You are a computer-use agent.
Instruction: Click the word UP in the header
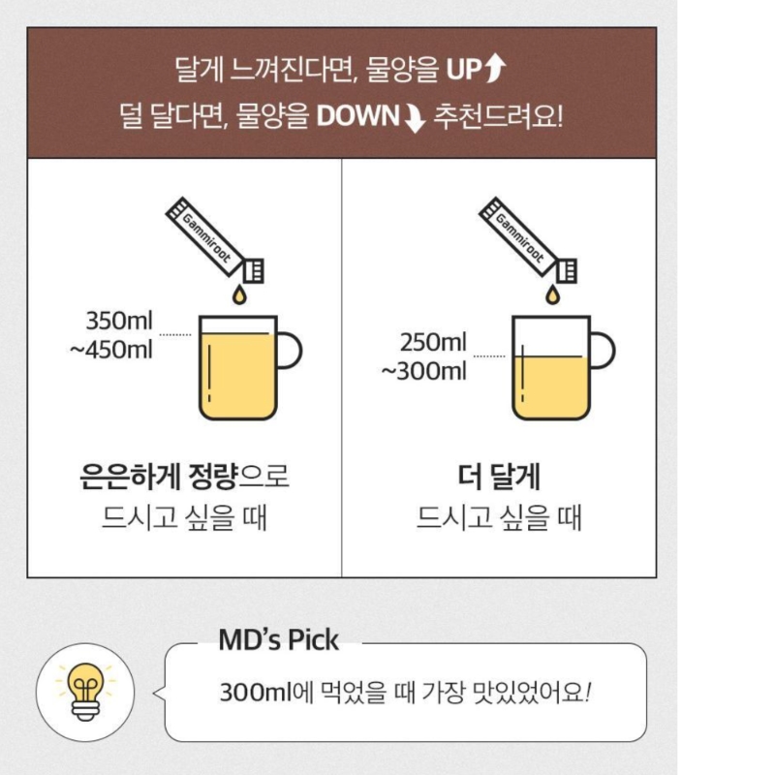click(x=464, y=70)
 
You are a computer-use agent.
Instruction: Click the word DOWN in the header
click(x=357, y=116)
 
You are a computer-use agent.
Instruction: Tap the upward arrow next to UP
click(x=495, y=68)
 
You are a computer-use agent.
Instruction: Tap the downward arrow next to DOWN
click(x=415, y=117)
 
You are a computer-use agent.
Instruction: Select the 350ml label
click(x=119, y=321)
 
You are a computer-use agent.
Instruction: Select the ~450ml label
click(x=111, y=350)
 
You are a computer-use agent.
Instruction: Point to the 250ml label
click(x=433, y=342)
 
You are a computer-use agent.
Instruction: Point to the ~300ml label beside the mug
click(x=424, y=371)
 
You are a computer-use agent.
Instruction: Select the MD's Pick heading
click(x=278, y=640)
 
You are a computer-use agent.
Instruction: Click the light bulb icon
click(x=85, y=692)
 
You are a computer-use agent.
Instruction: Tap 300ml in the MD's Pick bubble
click(x=256, y=693)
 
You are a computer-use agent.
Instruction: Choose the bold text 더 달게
click(x=499, y=476)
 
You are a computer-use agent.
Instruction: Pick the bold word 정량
click(x=213, y=476)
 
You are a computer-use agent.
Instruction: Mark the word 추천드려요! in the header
click(x=498, y=116)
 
